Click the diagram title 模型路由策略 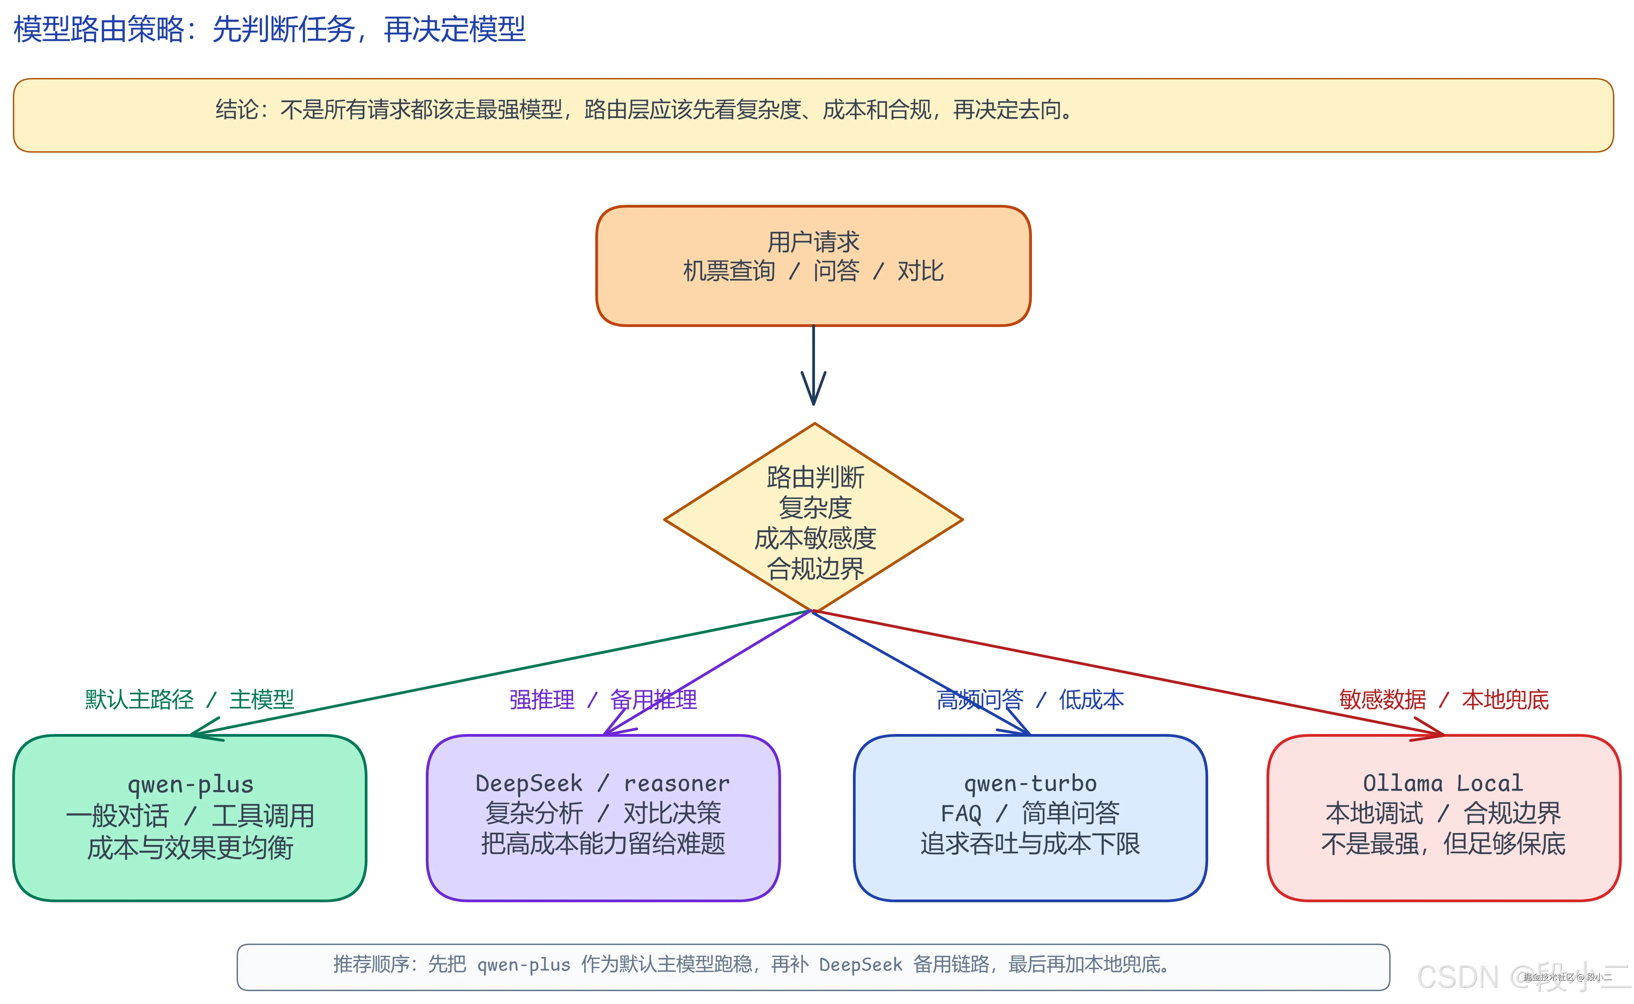point(269,29)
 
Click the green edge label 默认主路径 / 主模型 point(189,699)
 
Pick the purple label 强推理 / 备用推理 point(603,699)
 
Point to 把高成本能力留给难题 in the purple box point(603,843)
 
